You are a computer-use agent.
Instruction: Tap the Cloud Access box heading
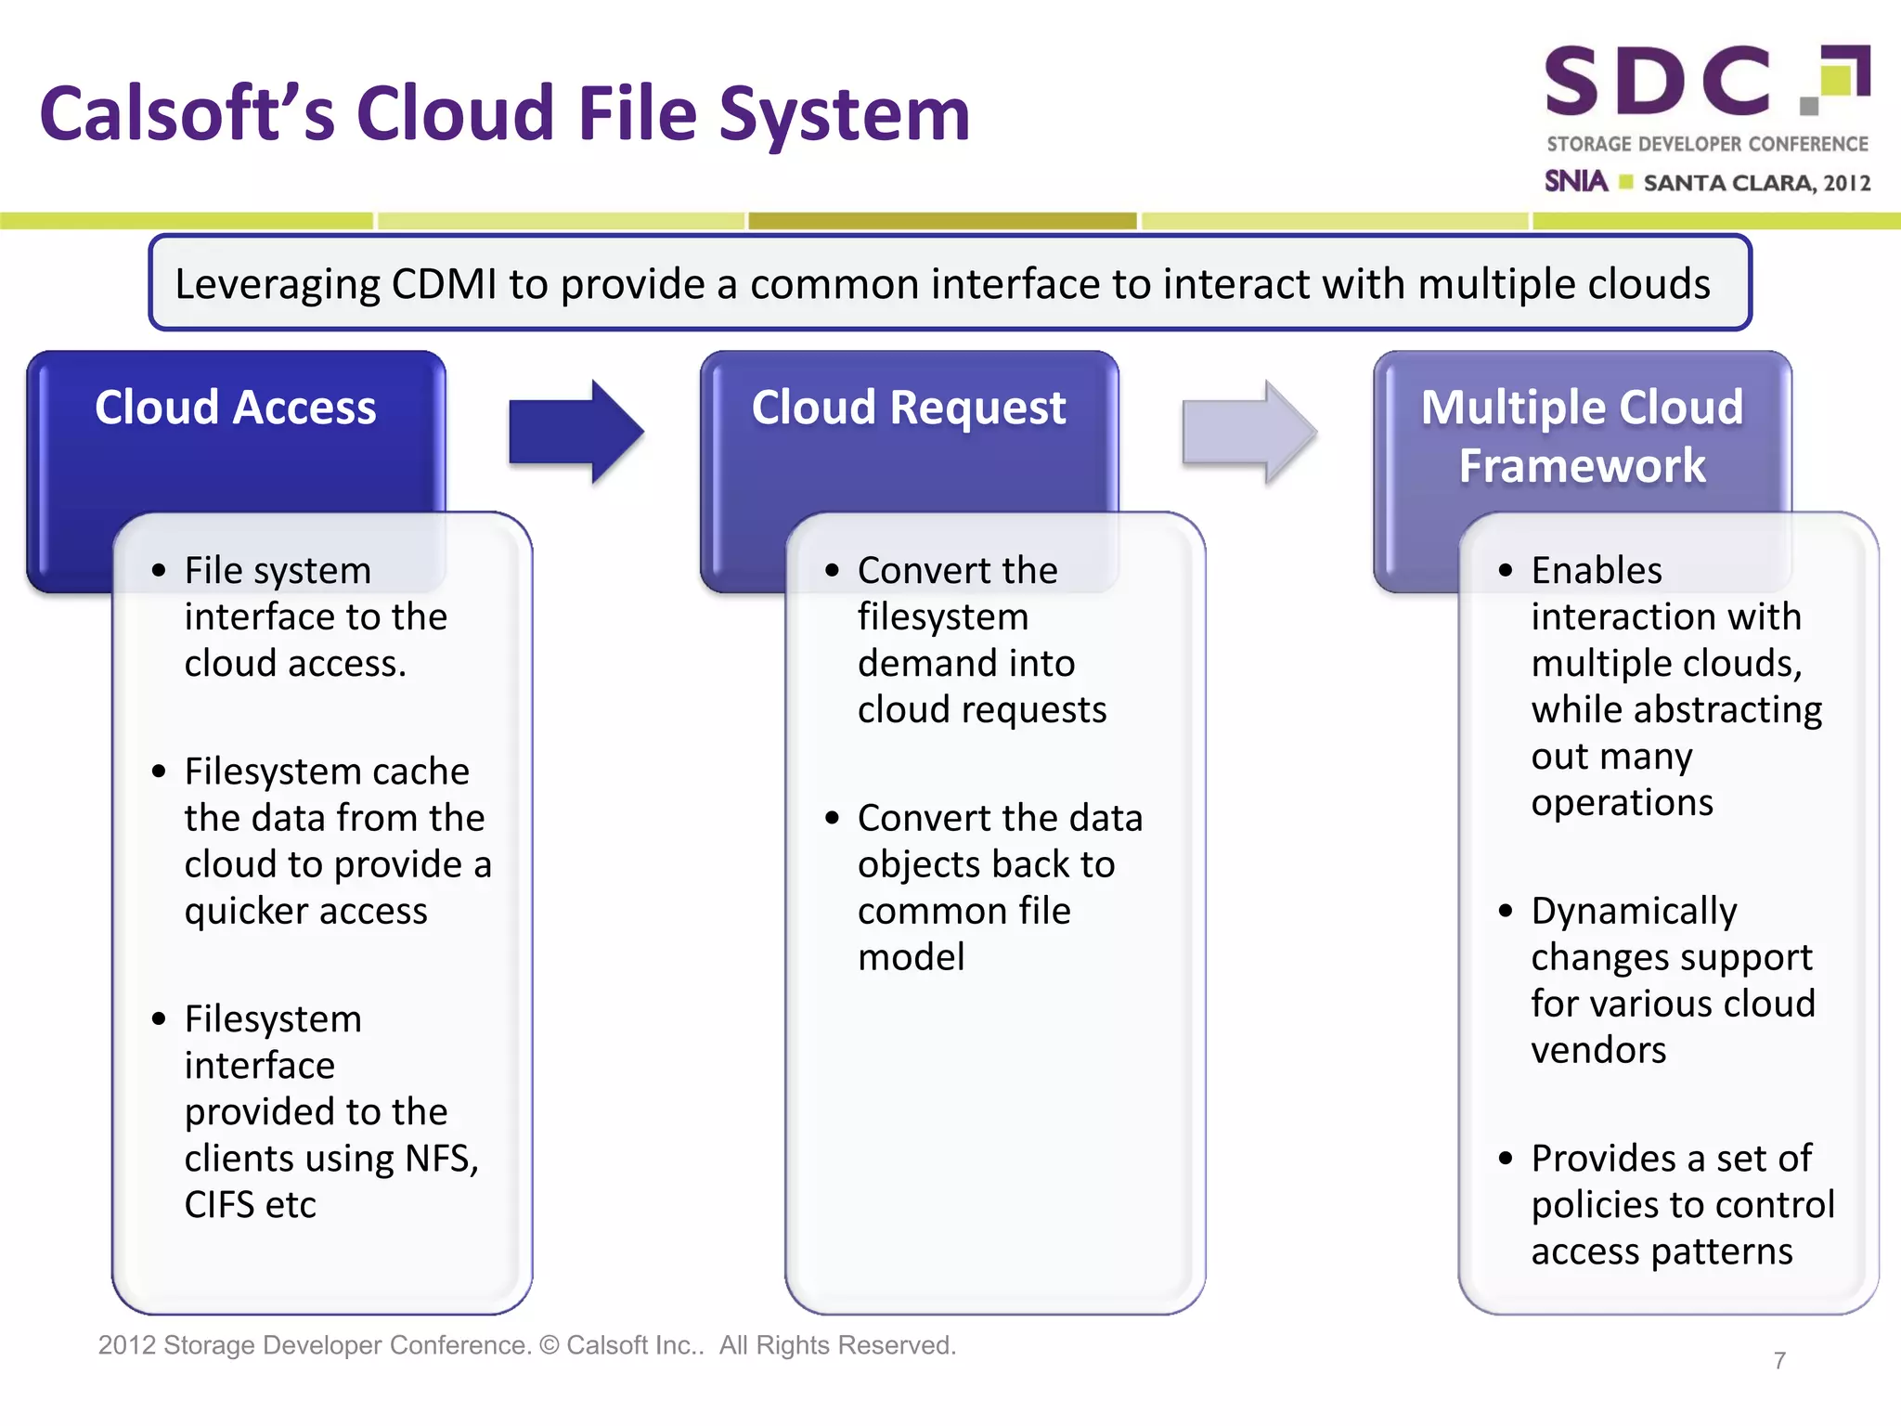tap(236, 408)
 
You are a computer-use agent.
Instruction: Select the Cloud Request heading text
tap(909, 408)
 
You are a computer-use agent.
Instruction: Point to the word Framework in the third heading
tap(1582, 465)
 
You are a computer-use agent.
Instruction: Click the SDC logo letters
tap(1658, 82)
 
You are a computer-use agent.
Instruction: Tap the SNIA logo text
tap(1575, 181)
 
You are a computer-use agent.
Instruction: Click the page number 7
tap(1779, 1361)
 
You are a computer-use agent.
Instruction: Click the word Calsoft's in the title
tap(187, 114)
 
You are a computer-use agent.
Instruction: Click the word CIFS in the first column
tap(219, 1205)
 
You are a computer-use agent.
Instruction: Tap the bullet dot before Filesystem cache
tap(159, 771)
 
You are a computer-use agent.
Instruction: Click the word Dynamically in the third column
tap(1634, 912)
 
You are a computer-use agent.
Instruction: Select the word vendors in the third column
tap(1598, 1050)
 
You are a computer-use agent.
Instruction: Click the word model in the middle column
tap(911, 957)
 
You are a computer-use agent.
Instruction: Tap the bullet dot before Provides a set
tap(1506, 1158)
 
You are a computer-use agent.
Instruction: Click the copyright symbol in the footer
tap(550, 1345)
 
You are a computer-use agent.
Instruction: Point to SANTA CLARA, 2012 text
tap(1756, 183)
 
